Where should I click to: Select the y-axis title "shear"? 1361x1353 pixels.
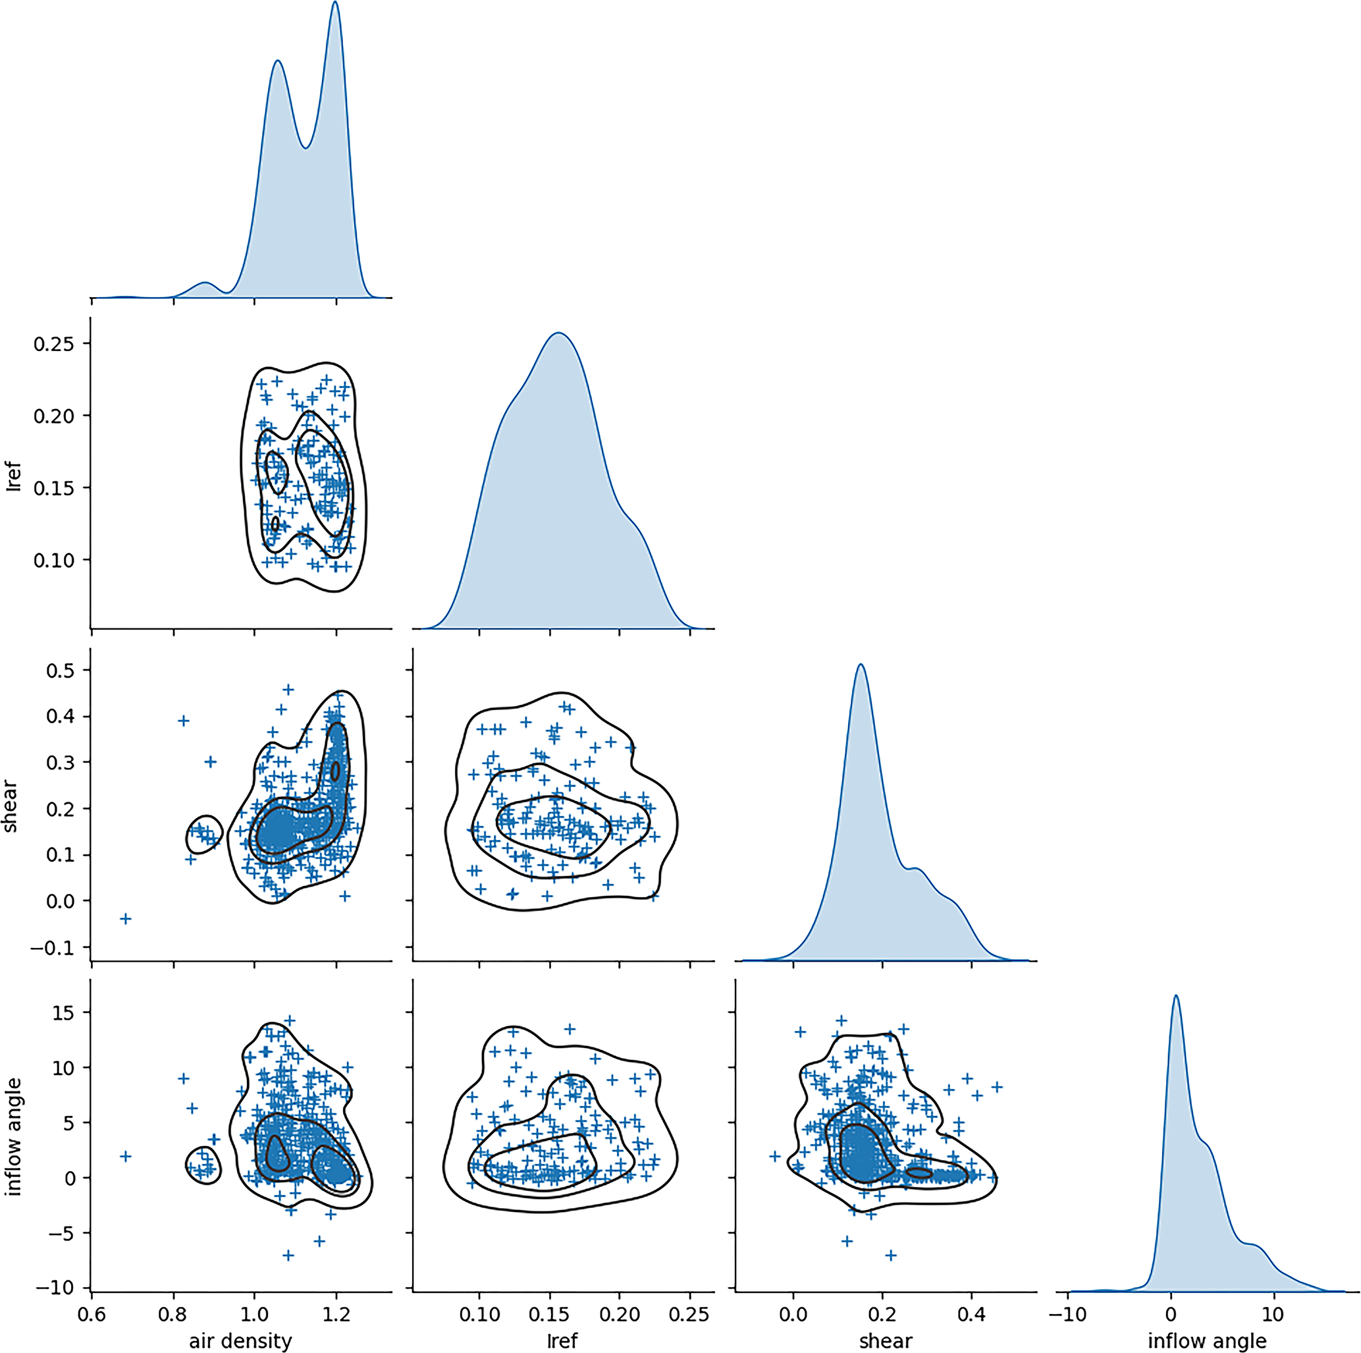coord(11,806)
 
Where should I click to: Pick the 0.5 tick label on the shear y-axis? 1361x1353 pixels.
coord(60,670)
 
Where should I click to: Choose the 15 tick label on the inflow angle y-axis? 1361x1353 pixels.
coord(64,1012)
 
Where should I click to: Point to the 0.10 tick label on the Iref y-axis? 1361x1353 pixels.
coord(53,560)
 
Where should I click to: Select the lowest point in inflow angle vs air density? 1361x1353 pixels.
coord(288,1255)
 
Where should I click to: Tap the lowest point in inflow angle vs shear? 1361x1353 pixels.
coord(890,1255)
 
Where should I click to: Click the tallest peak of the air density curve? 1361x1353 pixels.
coord(335,2)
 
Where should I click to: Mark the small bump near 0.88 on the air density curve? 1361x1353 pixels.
coord(205,283)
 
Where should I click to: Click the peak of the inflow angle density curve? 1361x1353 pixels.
coord(1176,996)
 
